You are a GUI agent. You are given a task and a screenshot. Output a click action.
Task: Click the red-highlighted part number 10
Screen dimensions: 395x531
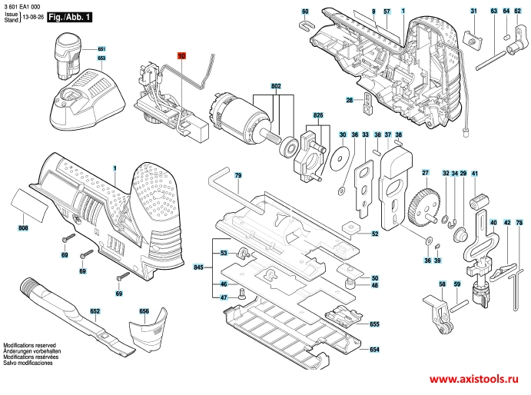(x=181, y=56)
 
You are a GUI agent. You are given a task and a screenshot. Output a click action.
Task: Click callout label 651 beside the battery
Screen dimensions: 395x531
(x=101, y=49)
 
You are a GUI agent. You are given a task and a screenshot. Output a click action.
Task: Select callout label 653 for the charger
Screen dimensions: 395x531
(x=101, y=58)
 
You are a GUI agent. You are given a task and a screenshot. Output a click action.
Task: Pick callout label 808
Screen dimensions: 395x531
(x=23, y=228)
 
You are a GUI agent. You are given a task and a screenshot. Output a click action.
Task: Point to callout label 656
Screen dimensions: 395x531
(x=144, y=311)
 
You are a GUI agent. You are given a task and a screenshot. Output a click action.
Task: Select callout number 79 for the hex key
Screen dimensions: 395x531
(x=238, y=177)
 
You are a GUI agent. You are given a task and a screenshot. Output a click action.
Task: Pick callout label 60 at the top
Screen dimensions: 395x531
(x=304, y=12)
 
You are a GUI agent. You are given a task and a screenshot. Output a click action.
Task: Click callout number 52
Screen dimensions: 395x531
(x=375, y=234)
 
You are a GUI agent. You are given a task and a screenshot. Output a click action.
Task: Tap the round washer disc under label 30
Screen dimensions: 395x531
(x=338, y=159)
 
